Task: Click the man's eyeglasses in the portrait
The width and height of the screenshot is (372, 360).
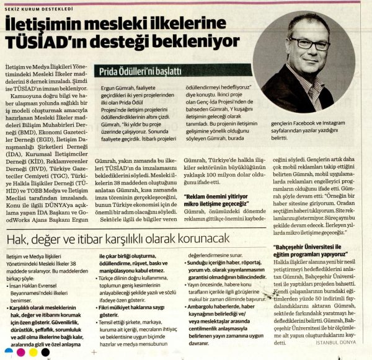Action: (x=309, y=43)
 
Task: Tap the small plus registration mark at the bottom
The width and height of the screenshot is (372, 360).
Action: (x=93, y=353)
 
